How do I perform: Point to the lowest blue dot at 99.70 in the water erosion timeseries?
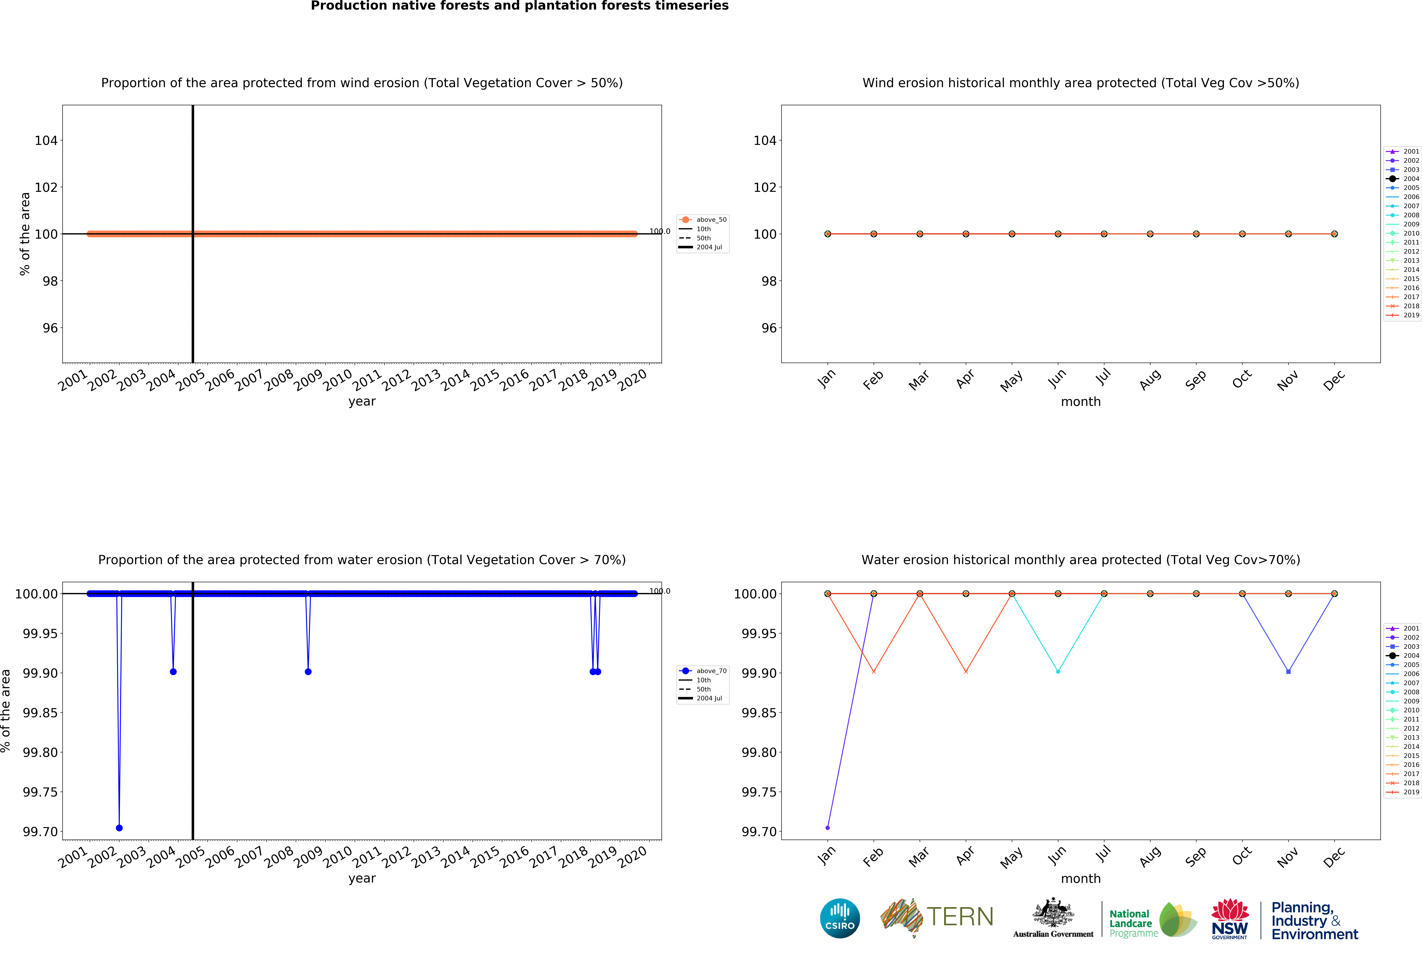(119, 828)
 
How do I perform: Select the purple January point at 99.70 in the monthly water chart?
(827, 828)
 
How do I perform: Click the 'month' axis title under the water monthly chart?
(1080, 878)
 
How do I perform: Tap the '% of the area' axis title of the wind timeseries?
(25, 234)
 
